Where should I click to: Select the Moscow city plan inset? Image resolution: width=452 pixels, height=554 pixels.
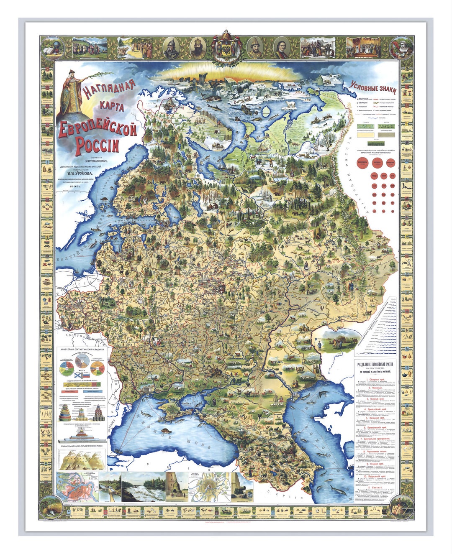point(209,487)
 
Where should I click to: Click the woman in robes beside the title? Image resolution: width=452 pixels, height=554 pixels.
point(72,94)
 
